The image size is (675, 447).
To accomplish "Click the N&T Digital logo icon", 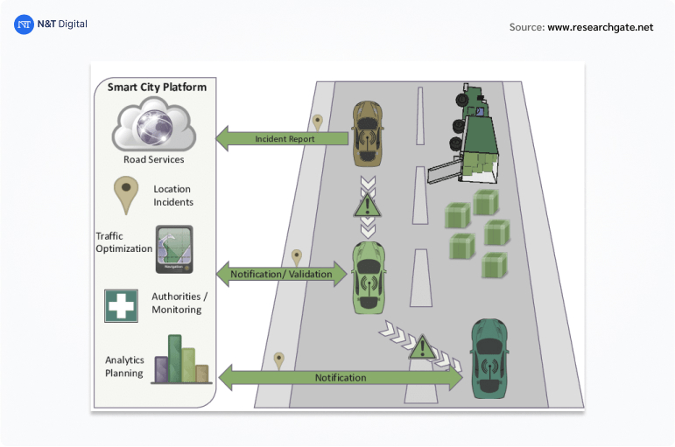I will coord(24,24).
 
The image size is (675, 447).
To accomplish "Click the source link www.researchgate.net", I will coord(601,27).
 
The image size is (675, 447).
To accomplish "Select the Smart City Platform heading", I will coord(157,87).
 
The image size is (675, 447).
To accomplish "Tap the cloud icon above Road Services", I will coord(154,126).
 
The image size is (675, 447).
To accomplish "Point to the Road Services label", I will coord(154,159).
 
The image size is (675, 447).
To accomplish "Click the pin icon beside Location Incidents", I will coord(128,194).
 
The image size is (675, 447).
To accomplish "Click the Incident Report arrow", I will coord(283,138).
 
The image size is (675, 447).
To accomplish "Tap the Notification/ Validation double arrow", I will coord(281,274).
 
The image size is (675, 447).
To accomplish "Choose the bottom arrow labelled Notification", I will coord(341,378).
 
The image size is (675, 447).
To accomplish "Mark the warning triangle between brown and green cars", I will coord(368,206).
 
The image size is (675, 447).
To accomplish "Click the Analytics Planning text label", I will coord(124,366).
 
